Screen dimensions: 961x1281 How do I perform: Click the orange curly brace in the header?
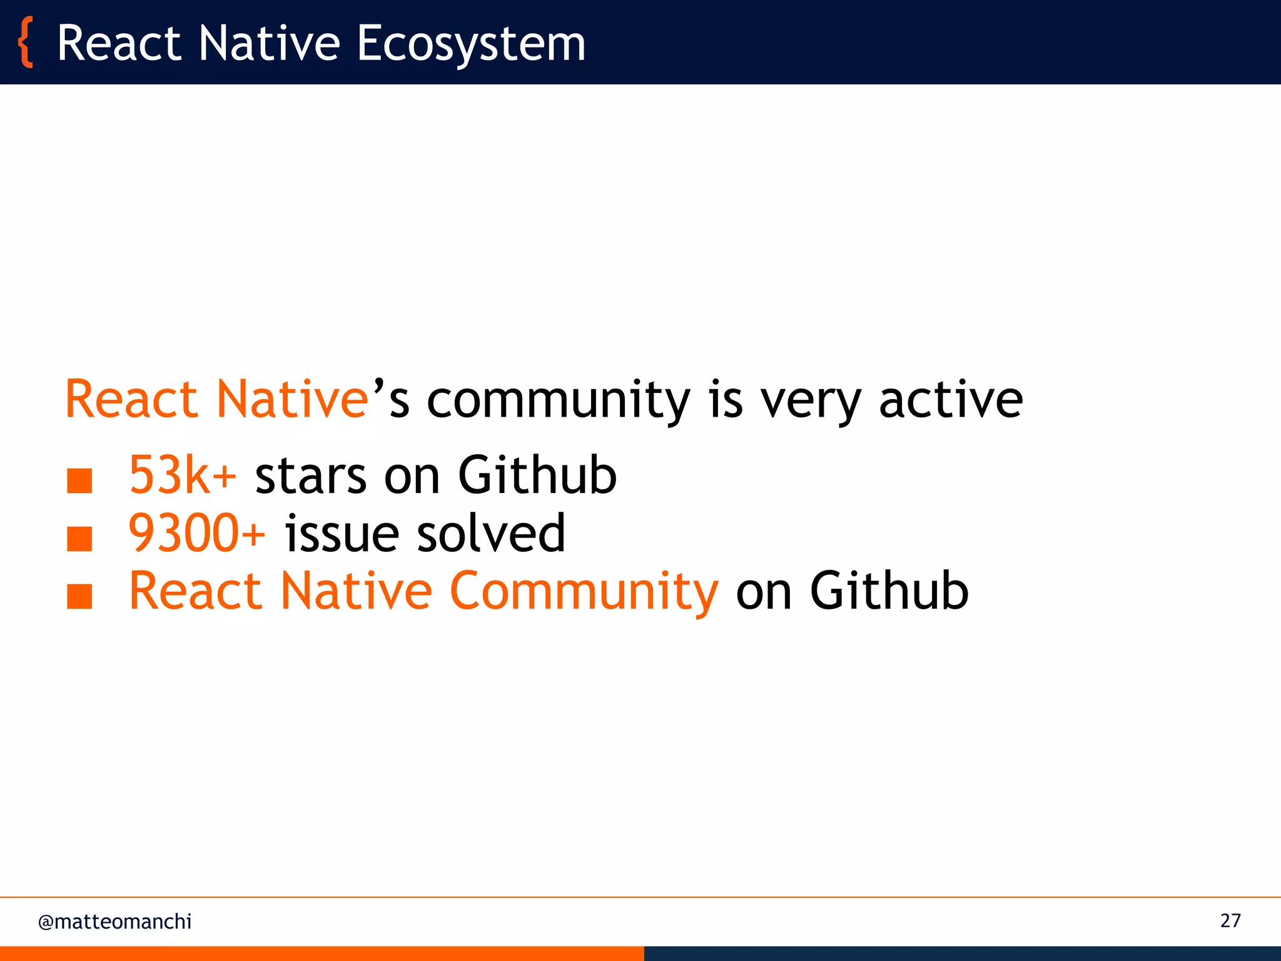click(x=25, y=43)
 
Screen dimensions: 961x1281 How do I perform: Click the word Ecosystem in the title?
click(x=470, y=44)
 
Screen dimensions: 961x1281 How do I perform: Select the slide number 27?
click(x=1230, y=920)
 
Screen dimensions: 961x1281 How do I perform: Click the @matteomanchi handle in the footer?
click(x=114, y=922)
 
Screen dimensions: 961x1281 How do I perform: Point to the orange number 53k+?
click(x=182, y=475)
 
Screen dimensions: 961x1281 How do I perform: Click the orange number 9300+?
click(x=196, y=533)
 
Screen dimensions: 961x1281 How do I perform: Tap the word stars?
click(x=310, y=475)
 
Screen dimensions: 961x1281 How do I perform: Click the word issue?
click(x=342, y=533)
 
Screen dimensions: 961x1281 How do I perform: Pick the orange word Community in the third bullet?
click(x=584, y=591)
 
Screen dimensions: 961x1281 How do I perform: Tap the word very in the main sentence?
click(x=811, y=400)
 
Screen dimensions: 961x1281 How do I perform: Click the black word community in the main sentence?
click(x=558, y=400)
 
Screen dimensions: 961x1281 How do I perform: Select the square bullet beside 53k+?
click(x=79, y=481)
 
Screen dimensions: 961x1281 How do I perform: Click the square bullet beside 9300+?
click(x=79, y=539)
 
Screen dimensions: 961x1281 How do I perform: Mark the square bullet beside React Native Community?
click(x=79, y=596)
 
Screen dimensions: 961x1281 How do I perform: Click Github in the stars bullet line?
click(x=537, y=475)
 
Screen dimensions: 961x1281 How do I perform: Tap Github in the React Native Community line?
click(x=889, y=591)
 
